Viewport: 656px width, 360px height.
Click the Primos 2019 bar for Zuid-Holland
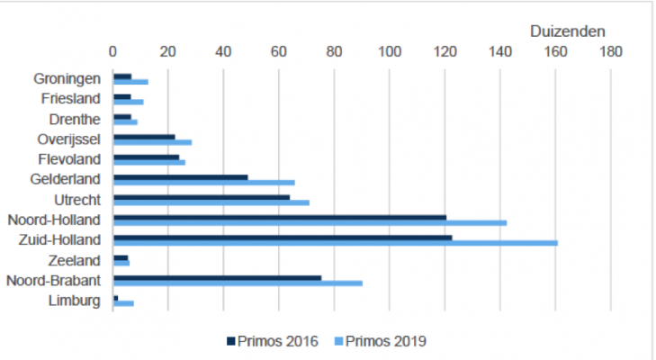[x=335, y=243]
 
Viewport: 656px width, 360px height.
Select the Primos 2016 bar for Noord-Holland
[x=279, y=217]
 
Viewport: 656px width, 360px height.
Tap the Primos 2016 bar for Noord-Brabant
[x=217, y=277]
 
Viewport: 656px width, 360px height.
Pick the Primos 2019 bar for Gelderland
[x=203, y=183]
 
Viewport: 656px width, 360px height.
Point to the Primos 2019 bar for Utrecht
[x=211, y=202]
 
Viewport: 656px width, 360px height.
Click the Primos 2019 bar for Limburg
[x=123, y=303]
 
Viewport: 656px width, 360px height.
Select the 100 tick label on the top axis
[x=390, y=52]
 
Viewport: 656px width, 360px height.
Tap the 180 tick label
[x=611, y=52]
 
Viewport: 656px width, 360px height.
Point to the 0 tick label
[x=112, y=52]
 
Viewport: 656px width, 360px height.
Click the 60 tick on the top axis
[x=279, y=52]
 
